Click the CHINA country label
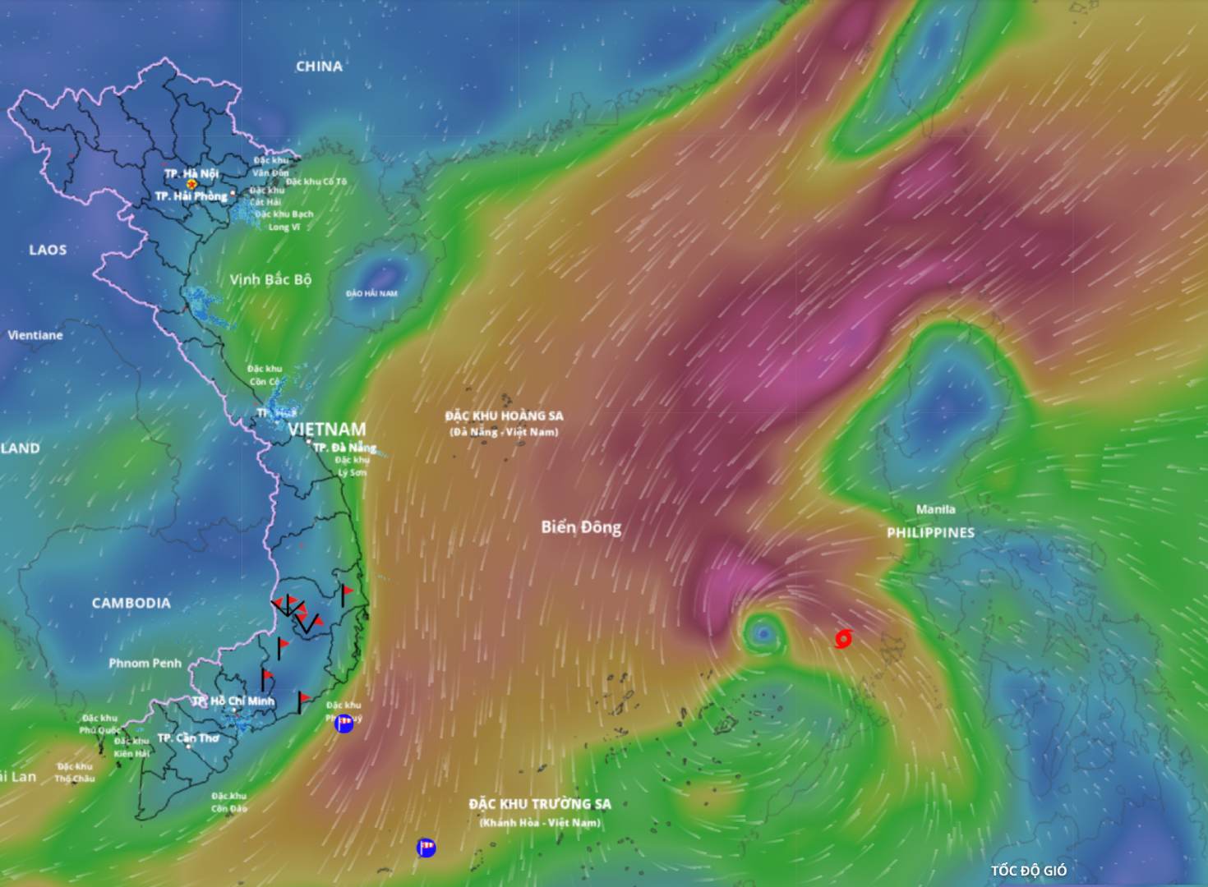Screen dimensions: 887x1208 tap(319, 67)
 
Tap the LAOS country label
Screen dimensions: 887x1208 tap(48, 250)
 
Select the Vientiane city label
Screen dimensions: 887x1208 tap(35, 335)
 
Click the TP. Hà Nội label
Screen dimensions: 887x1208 tap(191, 173)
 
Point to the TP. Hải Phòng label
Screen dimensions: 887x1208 tap(191, 196)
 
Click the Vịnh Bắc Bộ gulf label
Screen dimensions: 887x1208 tap(270, 279)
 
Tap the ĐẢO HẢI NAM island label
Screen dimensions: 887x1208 tap(371, 293)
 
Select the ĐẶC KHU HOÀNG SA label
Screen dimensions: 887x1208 tap(504, 416)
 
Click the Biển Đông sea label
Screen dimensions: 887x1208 tap(581, 527)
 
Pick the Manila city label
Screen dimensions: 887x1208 tap(935, 509)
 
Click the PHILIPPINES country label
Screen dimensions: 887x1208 tap(930, 532)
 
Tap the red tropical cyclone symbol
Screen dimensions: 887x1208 tap(842, 638)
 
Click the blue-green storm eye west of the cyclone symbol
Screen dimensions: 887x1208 tap(763, 632)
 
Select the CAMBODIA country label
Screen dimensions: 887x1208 tap(131, 603)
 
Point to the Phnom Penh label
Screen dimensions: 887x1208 tap(145, 663)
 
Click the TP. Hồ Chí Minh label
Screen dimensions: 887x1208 tap(233, 701)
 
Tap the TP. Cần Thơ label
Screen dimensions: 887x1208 tap(188, 738)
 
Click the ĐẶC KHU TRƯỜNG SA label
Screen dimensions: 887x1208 tap(540, 804)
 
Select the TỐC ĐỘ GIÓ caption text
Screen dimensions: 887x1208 tap(1028, 871)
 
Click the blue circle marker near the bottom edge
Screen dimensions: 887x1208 tap(426, 848)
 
